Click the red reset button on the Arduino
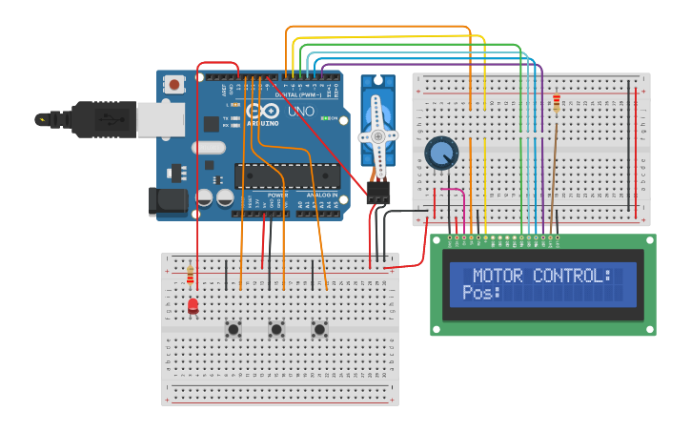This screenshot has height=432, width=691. click(x=174, y=85)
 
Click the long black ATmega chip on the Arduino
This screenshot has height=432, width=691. click(x=286, y=176)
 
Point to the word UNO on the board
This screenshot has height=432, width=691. click(x=301, y=110)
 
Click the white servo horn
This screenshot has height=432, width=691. click(x=377, y=136)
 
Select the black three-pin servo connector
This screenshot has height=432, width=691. click(x=378, y=194)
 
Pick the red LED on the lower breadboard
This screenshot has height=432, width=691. click(x=193, y=305)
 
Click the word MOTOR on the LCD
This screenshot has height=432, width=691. click(x=503, y=276)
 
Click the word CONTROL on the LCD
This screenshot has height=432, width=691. click(x=572, y=276)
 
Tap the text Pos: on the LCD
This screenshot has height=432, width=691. click(x=481, y=293)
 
